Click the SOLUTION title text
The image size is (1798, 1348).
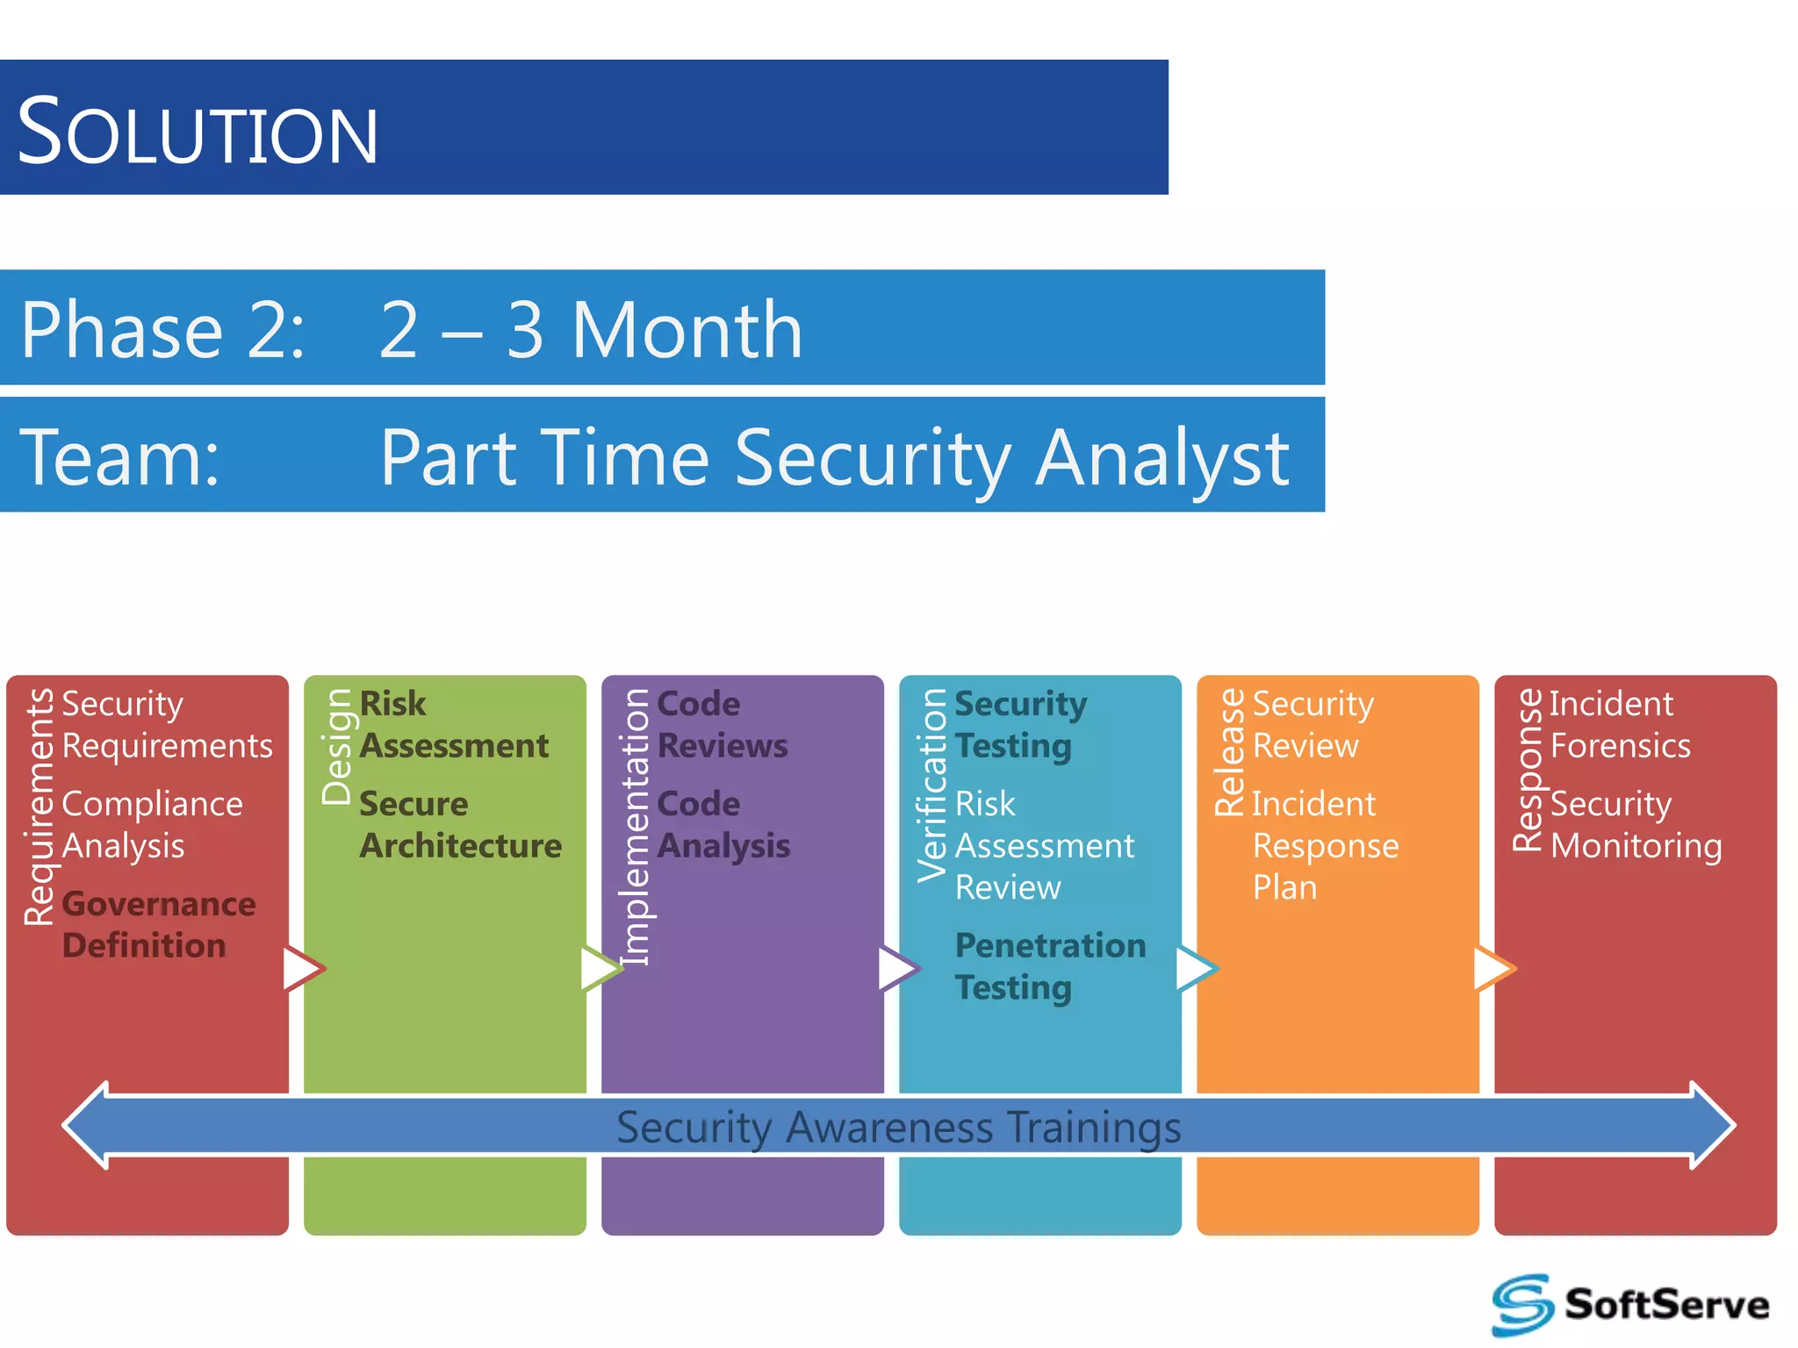pos(198,132)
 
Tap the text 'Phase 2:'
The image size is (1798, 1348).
pos(163,330)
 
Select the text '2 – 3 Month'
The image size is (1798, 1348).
pos(590,330)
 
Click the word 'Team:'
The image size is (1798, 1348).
pos(120,457)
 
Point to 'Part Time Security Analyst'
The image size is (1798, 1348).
pos(834,457)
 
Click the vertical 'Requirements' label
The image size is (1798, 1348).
pos(40,807)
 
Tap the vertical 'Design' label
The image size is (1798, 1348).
pos(337,747)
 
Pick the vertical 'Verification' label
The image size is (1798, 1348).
pos(932,785)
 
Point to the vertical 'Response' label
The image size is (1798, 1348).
pos(1528,770)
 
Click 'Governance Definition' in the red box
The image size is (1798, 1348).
pos(159,925)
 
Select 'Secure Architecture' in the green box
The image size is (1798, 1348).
pos(460,825)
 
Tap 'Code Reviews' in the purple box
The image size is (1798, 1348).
pos(722,724)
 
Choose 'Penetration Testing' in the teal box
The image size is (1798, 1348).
pos(1050,966)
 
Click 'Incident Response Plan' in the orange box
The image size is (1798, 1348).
pos(1324,845)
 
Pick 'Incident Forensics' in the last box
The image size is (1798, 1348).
pos(1619,724)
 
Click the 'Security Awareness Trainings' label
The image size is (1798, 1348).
pos(898,1127)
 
